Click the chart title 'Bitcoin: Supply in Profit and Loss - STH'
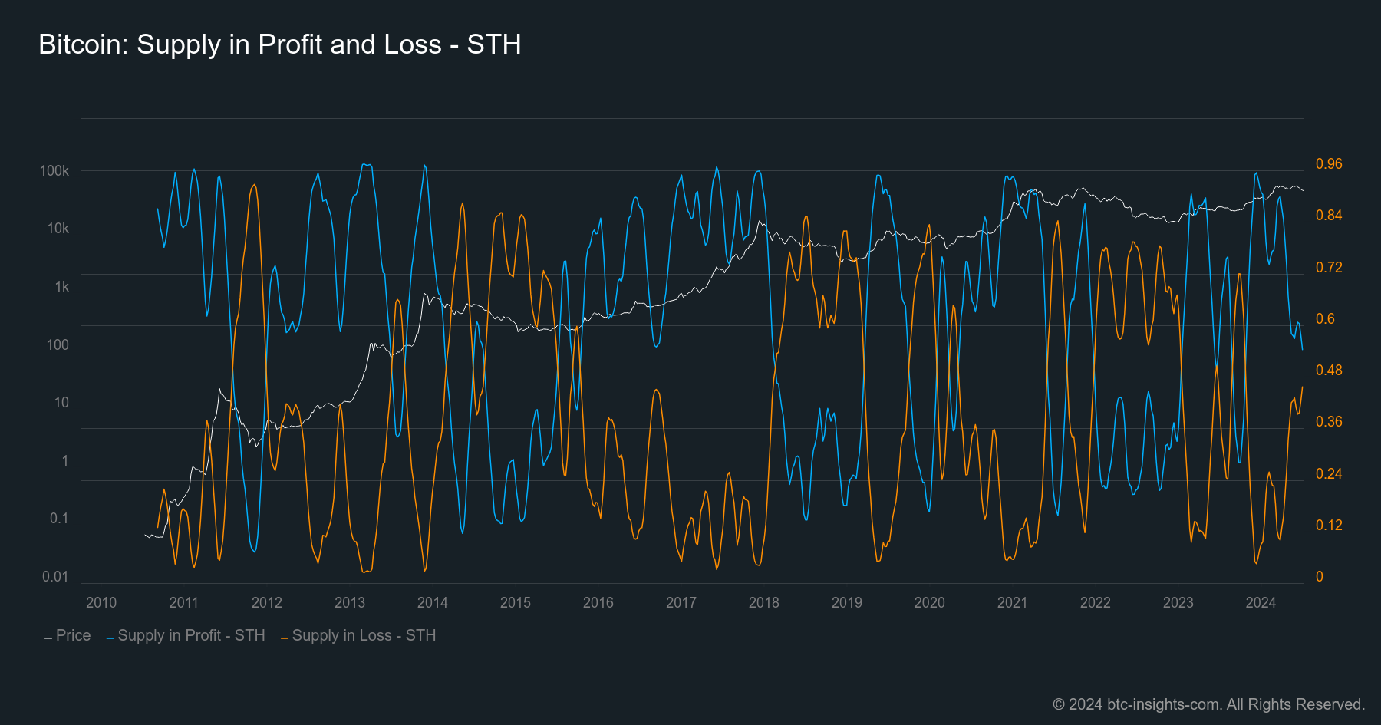point(280,44)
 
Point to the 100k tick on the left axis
point(54,170)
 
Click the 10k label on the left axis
point(58,228)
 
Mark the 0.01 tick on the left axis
point(55,576)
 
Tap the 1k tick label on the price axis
point(62,286)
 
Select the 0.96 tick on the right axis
point(1329,163)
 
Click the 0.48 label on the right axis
point(1329,370)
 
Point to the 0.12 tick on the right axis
point(1329,525)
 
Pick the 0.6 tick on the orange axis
point(1325,318)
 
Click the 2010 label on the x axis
point(101,602)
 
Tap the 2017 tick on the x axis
point(681,602)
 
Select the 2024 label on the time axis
point(1261,602)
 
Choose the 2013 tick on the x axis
point(350,602)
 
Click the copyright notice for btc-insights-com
point(1208,704)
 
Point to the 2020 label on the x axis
point(930,602)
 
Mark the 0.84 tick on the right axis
point(1329,215)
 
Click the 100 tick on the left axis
point(58,344)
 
